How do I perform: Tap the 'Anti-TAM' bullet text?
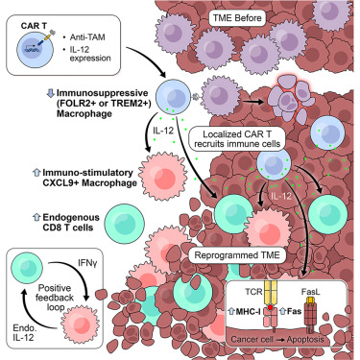pyautogui.click(x=94, y=32)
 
